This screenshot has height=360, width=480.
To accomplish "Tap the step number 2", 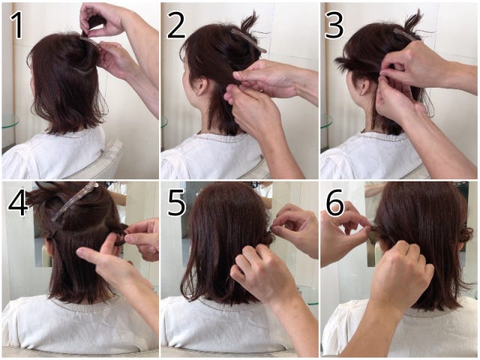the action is (x=176, y=25).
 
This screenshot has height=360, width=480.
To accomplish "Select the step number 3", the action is (x=334, y=25).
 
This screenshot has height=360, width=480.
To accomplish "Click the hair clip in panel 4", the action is (x=74, y=201).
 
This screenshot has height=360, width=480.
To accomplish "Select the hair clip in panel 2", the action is (x=248, y=40).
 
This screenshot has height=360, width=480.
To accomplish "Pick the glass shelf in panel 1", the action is (x=10, y=121).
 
